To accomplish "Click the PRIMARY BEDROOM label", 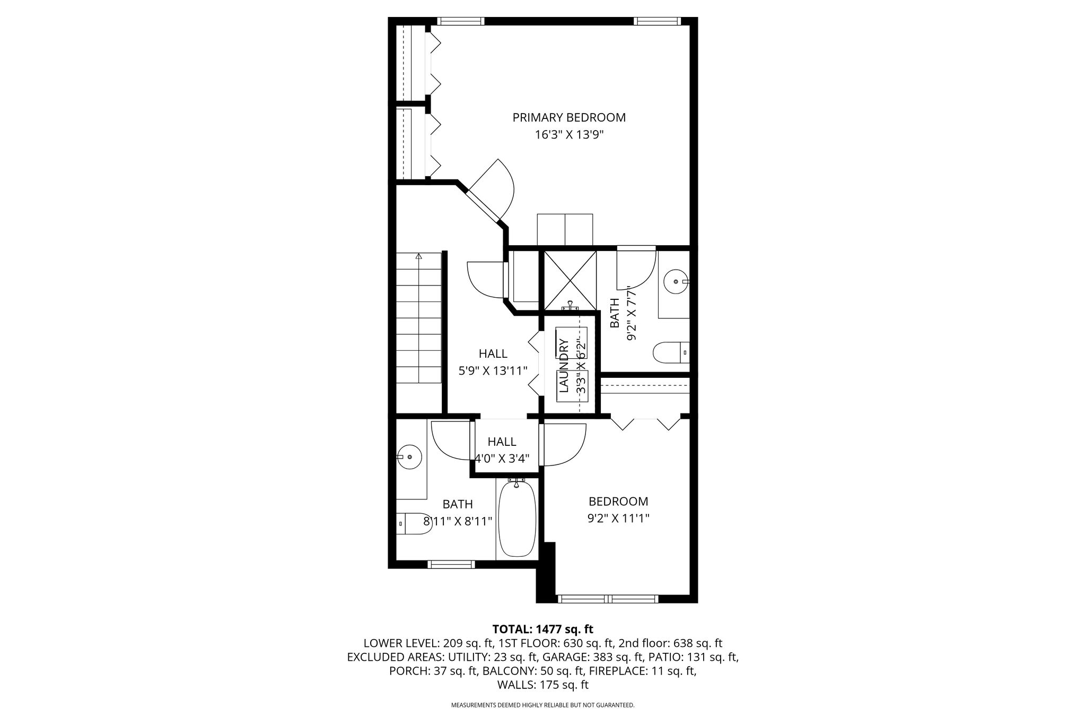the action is click(x=569, y=117).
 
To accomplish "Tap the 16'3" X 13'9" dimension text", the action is click(x=569, y=135).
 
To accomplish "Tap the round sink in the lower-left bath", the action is click(x=409, y=456).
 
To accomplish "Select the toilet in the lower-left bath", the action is click(x=414, y=524).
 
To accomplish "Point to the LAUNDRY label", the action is click(x=564, y=366).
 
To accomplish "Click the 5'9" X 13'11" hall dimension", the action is click(x=493, y=370).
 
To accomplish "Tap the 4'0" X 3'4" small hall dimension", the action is click(x=502, y=459).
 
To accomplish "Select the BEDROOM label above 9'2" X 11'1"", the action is click(x=618, y=501).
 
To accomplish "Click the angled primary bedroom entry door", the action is click(x=480, y=198).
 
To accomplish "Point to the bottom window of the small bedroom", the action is click(x=608, y=599).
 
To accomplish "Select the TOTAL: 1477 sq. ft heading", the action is click(x=543, y=629).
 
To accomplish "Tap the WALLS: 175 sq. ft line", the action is click(x=543, y=685).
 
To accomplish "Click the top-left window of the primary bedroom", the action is click(x=461, y=21).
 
